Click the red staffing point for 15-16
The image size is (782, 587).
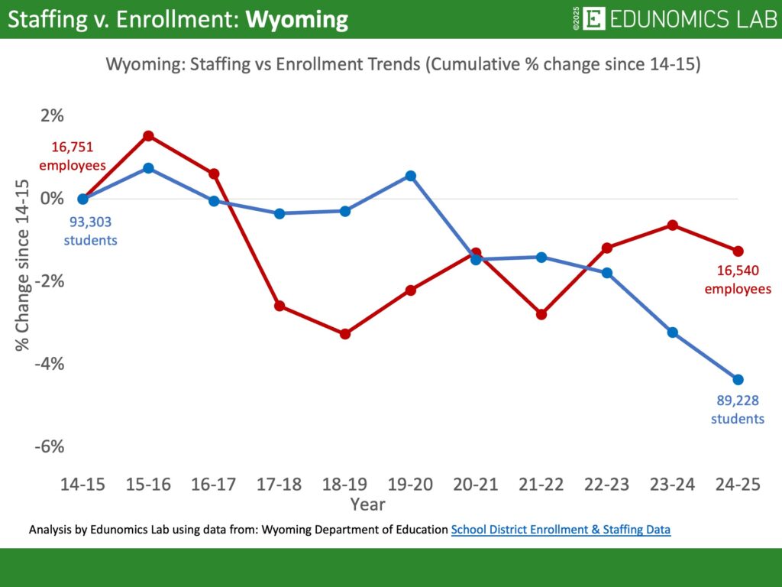149,136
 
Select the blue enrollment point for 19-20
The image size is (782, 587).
411,176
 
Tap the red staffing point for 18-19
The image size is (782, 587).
345,334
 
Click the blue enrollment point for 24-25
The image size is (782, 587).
738,379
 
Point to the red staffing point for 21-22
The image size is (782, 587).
541,314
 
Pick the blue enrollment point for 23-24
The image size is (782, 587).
673,332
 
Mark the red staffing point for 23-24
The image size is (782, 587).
673,225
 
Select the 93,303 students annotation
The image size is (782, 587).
89,231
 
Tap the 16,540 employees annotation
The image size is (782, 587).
737,279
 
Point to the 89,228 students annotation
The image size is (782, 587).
737,410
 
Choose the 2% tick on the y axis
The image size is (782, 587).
52,116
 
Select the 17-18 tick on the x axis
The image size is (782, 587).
280,485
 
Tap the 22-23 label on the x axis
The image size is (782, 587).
607,485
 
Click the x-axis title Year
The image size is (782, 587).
367,504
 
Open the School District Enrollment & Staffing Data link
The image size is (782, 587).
561,529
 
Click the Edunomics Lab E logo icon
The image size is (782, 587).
593,19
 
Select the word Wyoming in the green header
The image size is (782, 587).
297,20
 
